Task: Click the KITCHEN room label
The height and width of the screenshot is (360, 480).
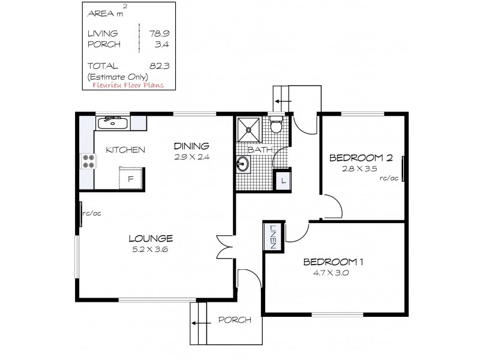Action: pyautogui.click(x=125, y=150)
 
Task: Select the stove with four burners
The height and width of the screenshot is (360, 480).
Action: pyautogui.click(x=88, y=161)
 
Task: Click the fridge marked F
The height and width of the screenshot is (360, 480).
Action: pyautogui.click(x=130, y=178)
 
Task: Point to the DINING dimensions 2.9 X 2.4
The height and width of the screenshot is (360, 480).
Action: pyautogui.click(x=191, y=157)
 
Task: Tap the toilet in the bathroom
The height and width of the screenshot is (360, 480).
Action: pyautogui.click(x=277, y=127)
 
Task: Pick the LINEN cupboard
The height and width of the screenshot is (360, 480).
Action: pyautogui.click(x=272, y=235)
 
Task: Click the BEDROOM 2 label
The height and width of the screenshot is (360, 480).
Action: pyautogui.click(x=361, y=158)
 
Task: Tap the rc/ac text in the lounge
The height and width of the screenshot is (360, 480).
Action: pyautogui.click(x=91, y=212)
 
